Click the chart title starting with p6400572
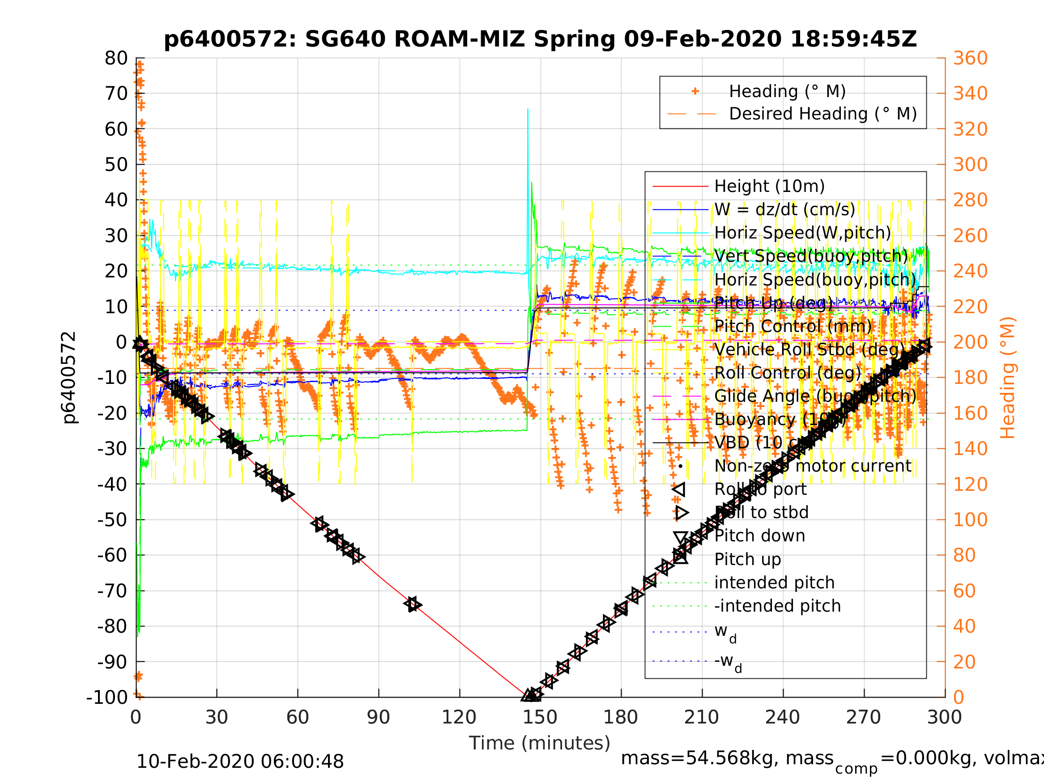(540, 40)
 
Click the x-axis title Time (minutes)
(540, 743)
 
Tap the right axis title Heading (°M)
(1007, 378)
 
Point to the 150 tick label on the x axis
(540, 717)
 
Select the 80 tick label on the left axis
(116, 59)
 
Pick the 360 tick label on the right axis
(970, 59)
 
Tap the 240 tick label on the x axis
(783, 717)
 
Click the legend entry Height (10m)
(769, 187)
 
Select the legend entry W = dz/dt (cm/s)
(784, 209)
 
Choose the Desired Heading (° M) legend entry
(822, 114)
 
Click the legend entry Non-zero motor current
(813, 466)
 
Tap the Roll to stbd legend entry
(761, 513)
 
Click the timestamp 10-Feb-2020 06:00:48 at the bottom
(240, 762)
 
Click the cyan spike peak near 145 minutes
(528, 110)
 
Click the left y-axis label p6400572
(69, 378)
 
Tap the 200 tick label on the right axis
(970, 342)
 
